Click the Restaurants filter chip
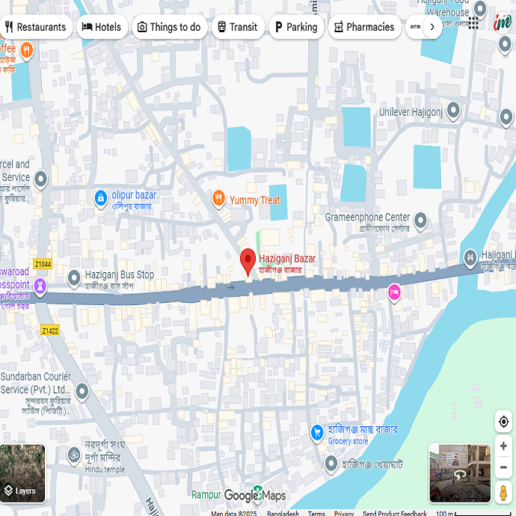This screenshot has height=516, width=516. click(x=36, y=27)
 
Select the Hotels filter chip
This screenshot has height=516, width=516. click(x=101, y=27)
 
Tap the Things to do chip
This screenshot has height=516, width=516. click(x=169, y=27)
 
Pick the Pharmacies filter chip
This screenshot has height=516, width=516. click(x=364, y=27)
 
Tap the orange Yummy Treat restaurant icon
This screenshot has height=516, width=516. click(x=218, y=199)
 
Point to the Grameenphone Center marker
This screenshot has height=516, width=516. click(x=420, y=221)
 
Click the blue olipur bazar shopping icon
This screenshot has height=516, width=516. click(x=100, y=199)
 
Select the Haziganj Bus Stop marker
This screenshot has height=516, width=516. click(x=74, y=279)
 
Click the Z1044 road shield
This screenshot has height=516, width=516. click(x=43, y=264)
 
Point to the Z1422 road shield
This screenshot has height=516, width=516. click(x=50, y=330)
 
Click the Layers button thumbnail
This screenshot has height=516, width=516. click(x=22, y=473)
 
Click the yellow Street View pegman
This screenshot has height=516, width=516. click(x=504, y=494)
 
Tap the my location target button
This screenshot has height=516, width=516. click(x=504, y=422)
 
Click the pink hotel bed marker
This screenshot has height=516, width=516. click(x=394, y=292)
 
